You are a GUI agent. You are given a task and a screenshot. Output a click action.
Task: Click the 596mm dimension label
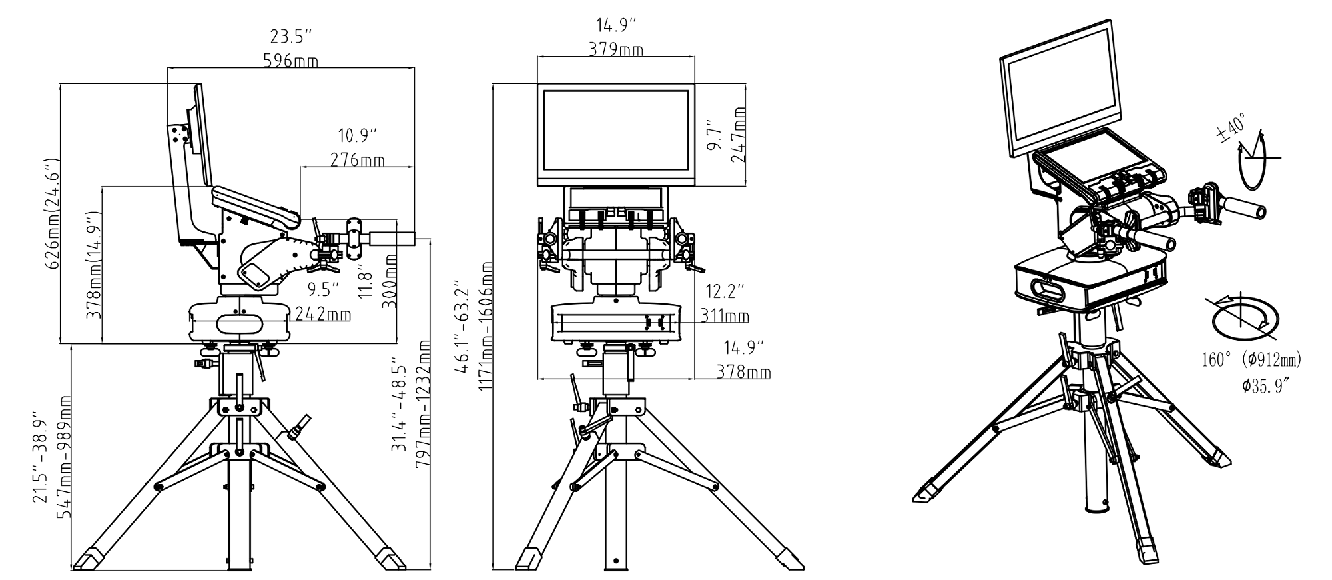pos(291,61)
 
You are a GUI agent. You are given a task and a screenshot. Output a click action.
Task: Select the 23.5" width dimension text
pos(291,36)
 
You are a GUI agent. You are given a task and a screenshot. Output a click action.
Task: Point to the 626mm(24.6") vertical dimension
pos(53,213)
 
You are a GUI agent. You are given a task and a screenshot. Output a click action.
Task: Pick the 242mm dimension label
pos(323,313)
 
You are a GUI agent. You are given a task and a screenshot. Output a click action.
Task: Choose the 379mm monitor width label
pos(616,50)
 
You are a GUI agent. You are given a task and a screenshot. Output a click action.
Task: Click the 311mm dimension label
pos(725,315)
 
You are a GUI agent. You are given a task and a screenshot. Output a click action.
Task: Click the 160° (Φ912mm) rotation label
pos(1251,361)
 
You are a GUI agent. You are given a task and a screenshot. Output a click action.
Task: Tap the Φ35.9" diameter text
pos(1266,386)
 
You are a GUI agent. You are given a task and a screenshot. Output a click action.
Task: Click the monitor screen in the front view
pos(615,130)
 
